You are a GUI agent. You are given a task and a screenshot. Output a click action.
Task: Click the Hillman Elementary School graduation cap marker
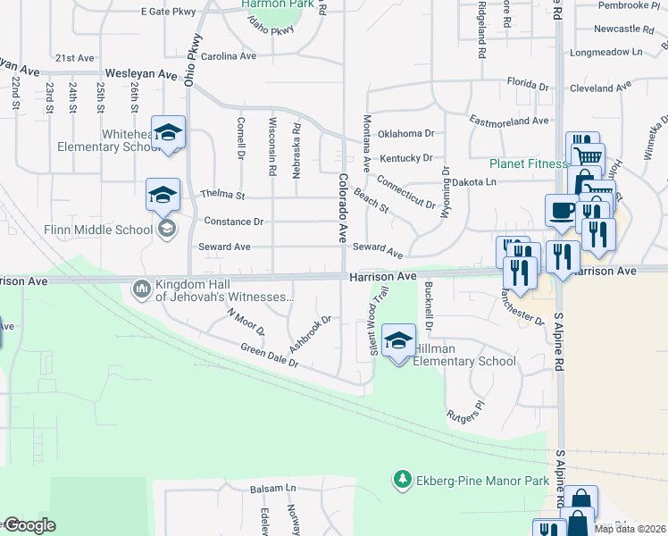tap(398, 340)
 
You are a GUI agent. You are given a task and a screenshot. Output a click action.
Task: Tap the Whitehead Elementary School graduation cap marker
tap(168, 132)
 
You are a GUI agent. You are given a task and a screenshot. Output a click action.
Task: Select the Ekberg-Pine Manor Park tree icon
tap(402, 481)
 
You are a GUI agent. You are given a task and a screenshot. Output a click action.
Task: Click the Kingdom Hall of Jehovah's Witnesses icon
tap(141, 289)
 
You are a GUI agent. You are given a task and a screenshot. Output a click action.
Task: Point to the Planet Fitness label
tap(528, 163)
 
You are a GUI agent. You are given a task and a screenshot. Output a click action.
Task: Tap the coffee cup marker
tap(562, 211)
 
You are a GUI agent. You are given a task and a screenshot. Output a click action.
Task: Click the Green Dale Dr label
tap(269, 356)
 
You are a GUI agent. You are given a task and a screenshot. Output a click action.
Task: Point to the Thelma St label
tap(222, 194)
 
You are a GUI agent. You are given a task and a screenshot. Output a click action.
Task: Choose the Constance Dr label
tap(234, 221)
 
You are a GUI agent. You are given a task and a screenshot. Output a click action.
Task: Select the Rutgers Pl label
tap(466, 410)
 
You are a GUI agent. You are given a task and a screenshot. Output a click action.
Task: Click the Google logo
tap(29, 525)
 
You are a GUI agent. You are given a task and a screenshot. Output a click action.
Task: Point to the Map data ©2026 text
tap(630, 529)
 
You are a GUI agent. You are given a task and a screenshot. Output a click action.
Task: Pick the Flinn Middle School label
tap(99, 230)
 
